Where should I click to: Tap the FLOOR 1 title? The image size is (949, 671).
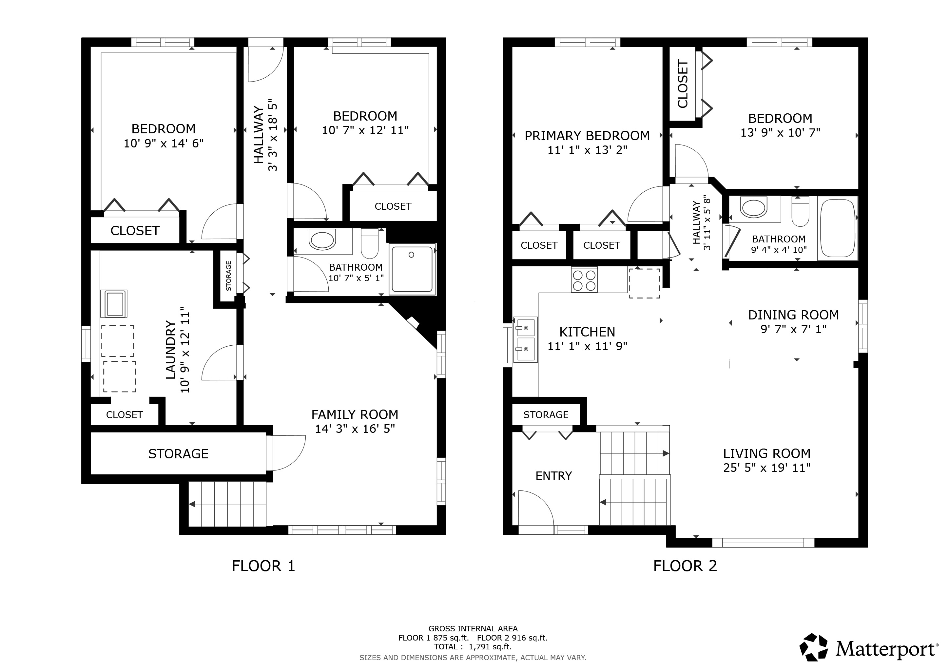pos(263,566)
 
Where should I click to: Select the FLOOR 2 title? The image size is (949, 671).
pos(685,566)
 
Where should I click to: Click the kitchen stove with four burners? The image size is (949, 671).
pos(584,280)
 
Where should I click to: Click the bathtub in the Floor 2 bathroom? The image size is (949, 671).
pos(837,228)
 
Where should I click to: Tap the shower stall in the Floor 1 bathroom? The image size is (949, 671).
pos(413,269)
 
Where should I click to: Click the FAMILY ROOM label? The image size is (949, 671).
pos(355,414)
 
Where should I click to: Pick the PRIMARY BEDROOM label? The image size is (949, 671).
pos(587,136)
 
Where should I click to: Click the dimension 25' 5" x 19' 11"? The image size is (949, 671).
pos(767,468)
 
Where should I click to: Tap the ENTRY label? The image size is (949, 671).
pos(553,476)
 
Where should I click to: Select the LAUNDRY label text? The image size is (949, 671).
pos(171,350)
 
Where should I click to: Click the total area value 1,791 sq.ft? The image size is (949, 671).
pos(490,647)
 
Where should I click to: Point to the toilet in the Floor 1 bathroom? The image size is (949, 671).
pos(370,243)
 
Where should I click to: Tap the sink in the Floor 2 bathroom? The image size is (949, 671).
pos(753,208)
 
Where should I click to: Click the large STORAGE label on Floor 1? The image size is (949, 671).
pos(178,454)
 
